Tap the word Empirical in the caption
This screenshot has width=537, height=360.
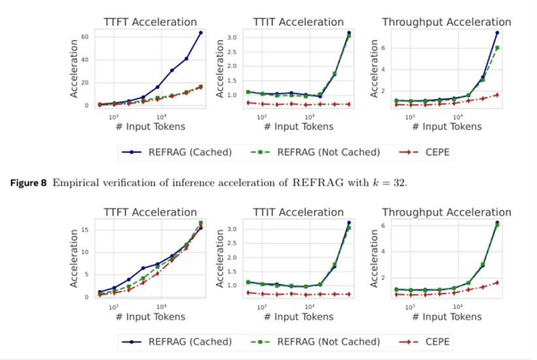[75, 182]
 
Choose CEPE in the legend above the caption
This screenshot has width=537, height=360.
[437, 153]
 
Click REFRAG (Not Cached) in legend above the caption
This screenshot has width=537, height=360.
[328, 153]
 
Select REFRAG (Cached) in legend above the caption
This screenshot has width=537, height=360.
[190, 153]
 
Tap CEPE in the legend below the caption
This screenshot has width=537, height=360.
[437, 341]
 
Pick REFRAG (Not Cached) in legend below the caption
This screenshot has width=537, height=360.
[328, 341]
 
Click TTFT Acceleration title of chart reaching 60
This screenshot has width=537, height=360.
[150, 22]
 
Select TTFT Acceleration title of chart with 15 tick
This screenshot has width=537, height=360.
[150, 212]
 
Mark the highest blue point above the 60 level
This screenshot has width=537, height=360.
[201, 33]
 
